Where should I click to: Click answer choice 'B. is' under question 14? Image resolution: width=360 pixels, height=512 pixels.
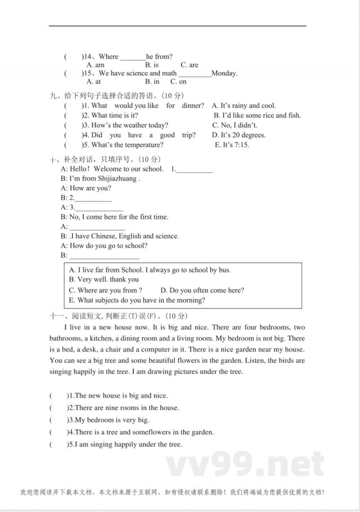[x=152, y=65]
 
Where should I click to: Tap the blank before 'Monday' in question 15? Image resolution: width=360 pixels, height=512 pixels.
[x=194, y=73]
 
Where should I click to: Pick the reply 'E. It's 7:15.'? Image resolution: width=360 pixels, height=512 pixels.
[x=232, y=145]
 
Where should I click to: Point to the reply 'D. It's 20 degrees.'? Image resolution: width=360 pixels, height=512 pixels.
[x=238, y=135]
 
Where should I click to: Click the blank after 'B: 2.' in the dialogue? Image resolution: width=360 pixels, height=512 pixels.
[x=93, y=198]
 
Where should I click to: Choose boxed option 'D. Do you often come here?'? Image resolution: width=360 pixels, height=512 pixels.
[x=202, y=290]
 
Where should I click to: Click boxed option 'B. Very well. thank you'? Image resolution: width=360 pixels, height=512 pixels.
[x=103, y=280]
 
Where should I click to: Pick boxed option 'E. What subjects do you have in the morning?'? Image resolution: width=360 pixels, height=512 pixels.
[x=137, y=300]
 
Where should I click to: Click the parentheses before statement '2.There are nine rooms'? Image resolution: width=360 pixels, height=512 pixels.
[x=57, y=408]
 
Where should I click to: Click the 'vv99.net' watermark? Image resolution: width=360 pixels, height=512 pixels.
[x=245, y=464]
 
